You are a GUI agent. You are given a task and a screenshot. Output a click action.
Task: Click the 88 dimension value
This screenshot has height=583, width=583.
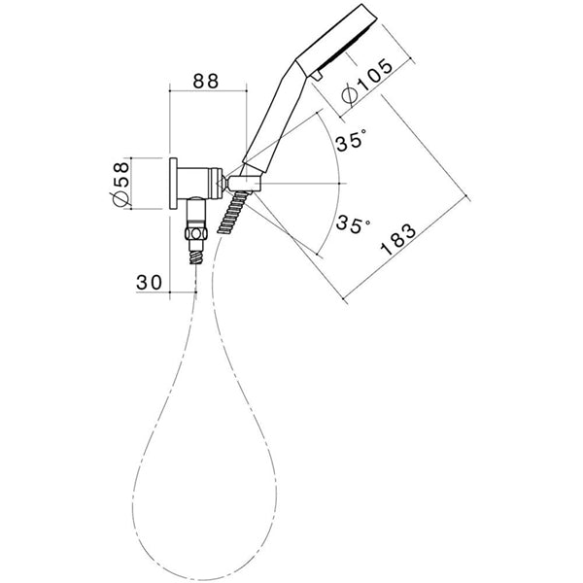206,84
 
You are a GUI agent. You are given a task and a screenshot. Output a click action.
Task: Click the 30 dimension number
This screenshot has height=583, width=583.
149,282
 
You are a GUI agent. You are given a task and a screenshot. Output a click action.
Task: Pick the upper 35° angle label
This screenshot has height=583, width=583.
351,143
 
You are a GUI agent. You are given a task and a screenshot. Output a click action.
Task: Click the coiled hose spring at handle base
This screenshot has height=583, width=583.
232,213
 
